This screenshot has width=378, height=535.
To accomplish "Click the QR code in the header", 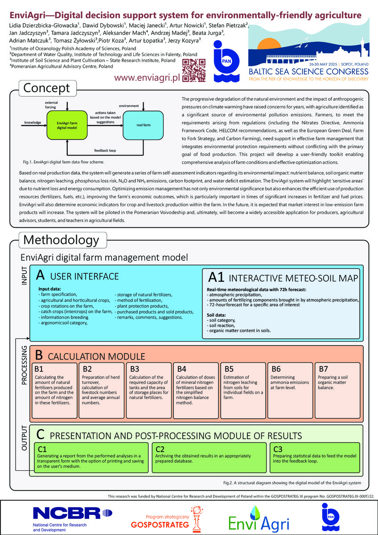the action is click(193, 70).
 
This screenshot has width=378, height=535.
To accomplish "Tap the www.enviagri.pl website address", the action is click(147, 78).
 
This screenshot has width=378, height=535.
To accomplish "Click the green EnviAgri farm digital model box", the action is click(67, 125).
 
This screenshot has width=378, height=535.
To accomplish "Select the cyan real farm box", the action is click(143, 125).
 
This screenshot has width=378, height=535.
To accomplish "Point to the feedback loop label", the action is click(105, 151).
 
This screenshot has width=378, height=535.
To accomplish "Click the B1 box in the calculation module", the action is click(54, 390).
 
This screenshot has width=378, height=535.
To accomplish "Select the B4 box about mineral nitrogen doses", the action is click(196, 390).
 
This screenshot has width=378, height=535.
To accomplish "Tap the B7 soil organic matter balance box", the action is click(337, 390).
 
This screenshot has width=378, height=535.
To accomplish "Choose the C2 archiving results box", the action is click(209, 457).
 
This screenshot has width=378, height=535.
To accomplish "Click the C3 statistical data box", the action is click(315, 457).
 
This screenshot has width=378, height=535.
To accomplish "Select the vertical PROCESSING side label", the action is click(24, 365).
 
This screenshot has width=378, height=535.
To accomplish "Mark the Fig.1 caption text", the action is click(63, 162).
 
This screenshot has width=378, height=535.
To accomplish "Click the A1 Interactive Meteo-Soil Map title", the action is click(283, 277).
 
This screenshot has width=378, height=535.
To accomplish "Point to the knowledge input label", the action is click(33, 123).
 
